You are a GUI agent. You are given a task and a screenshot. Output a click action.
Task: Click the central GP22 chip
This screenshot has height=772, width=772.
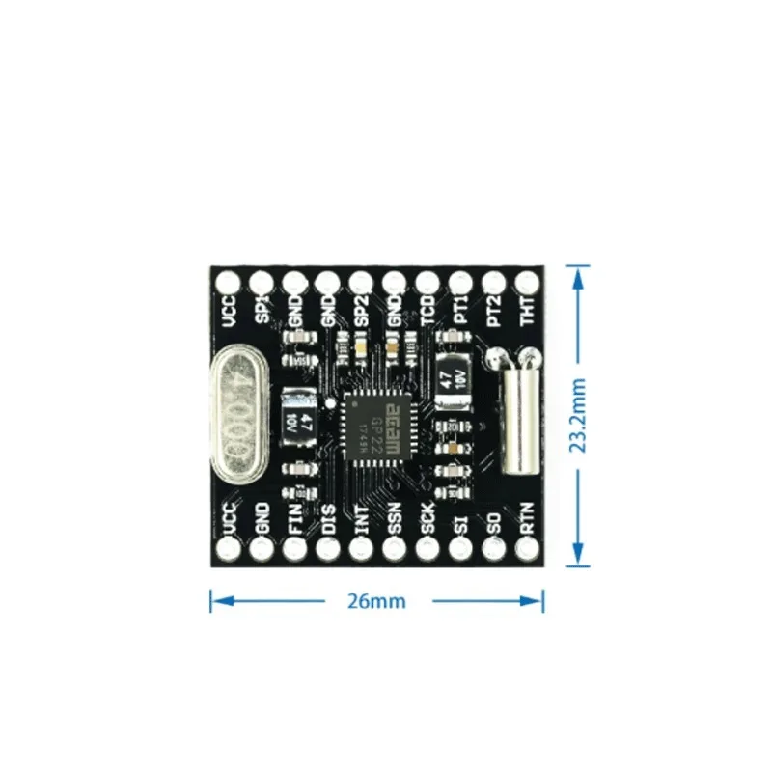click(376, 422)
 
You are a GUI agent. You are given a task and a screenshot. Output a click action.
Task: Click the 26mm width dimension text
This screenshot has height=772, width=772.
click(376, 601)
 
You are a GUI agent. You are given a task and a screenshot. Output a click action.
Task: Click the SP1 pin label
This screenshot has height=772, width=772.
click(262, 311)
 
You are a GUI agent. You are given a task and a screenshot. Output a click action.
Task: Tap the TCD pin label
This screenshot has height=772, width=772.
click(427, 311)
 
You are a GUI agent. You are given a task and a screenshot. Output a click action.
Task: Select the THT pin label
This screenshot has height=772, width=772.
click(528, 311)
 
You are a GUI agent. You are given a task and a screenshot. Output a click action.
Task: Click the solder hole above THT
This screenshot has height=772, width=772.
click(527, 282)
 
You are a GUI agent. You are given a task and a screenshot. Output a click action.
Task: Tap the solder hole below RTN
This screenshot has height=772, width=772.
click(527, 549)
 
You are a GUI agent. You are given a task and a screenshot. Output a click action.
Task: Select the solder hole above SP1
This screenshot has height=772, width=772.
click(262, 282)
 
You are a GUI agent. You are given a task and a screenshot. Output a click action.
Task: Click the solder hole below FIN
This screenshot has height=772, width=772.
click(294, 549)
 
